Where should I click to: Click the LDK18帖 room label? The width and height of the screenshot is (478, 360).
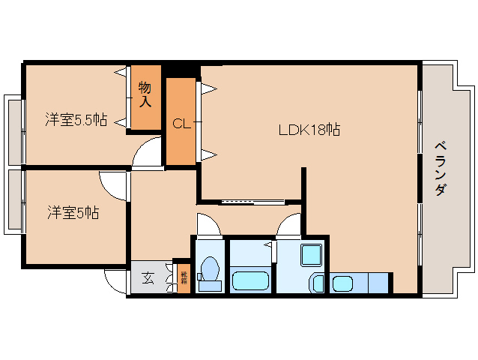(309, 130)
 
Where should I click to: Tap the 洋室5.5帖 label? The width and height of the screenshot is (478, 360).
(75, 119)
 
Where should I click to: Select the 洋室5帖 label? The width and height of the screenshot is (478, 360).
(71, 213)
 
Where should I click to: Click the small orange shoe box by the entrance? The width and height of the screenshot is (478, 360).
(184, 279)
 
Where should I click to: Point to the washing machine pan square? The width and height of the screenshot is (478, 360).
(311, 255)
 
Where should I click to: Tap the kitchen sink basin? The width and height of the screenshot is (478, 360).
(342, 283)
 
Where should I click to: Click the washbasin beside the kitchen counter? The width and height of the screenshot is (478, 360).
(317, 283)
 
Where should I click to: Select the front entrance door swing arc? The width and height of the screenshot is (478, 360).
(115, 280)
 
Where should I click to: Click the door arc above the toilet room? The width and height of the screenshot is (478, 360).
(205, 224)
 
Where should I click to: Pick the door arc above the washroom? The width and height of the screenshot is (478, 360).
(289, 224)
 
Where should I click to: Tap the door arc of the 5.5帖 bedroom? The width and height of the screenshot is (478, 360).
(147, 152)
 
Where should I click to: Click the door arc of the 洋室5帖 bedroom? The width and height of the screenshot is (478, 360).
(115, 182)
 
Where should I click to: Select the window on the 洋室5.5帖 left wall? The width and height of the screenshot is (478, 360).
(13, 130)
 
